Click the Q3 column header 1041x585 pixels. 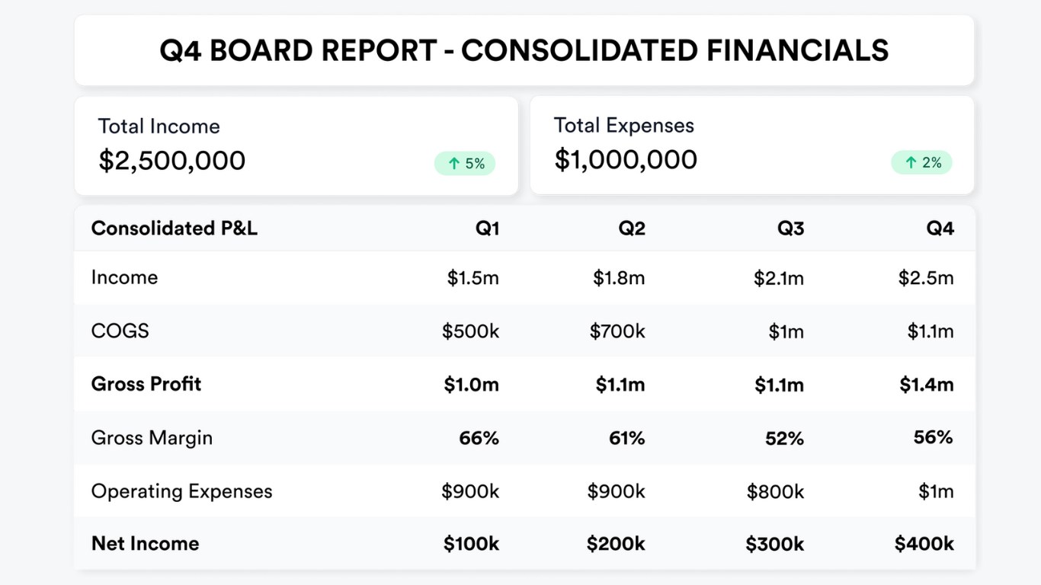tap(790, 229)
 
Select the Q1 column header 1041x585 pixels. tap(487, 229)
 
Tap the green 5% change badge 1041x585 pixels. tap(465, 163)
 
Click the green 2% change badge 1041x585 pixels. tap(921, 162)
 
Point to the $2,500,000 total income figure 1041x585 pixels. tap(172, 161)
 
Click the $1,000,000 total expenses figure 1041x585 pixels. tap(626, 160)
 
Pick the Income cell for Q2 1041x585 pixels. tap(619, 278)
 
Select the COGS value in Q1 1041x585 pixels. tap(470, 331)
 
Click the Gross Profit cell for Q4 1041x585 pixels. tap(926, 385)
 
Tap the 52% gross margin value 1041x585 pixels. tap(784, 439)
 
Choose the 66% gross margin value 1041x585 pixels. tap(479, 438)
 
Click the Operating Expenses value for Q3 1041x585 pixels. tap(775, 492)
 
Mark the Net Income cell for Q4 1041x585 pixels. tap(924, 544)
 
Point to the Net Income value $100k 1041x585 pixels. tap(471, 544)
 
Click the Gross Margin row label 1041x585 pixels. tap(152, 438)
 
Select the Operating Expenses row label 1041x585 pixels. tap(181, 491)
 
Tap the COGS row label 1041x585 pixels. tap(120, 331)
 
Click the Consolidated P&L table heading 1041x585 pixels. tap(175, 229)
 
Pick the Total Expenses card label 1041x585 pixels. tap(623, 126)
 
